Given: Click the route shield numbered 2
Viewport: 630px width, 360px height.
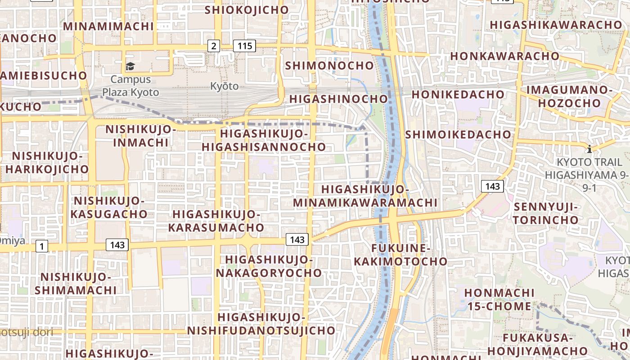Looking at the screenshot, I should [213, 45].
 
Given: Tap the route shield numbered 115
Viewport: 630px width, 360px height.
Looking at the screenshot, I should [244, 45].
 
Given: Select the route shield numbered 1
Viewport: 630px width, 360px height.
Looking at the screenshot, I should [42, 246].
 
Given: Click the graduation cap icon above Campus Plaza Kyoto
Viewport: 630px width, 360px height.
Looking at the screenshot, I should [130, 67].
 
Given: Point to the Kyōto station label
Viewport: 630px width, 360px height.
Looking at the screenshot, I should [224, 86].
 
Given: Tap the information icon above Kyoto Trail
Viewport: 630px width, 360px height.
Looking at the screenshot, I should [589, 148].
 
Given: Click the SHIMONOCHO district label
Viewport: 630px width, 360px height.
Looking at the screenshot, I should [330, 66].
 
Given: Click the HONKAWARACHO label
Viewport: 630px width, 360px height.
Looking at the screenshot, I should [504, 56].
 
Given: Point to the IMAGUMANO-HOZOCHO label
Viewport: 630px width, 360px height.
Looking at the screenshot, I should [569, 96].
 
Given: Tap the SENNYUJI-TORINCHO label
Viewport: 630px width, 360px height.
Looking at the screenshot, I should [545, 213].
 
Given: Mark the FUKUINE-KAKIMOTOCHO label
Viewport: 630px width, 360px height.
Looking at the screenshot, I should [400, 255].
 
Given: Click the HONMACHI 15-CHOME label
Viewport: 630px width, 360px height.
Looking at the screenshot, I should [499, 300].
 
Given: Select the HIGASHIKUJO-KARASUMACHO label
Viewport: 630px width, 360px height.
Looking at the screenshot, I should [216, 220].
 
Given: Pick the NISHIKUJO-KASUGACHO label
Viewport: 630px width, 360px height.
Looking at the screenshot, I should [109, 207].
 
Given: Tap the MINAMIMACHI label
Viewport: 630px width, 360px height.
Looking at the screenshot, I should [108, 26].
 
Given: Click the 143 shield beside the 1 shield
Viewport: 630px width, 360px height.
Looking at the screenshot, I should [117, 245].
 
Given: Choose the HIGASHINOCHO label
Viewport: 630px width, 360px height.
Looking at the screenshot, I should [338, 99].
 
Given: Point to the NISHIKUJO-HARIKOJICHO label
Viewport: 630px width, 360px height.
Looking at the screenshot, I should [47, 162].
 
